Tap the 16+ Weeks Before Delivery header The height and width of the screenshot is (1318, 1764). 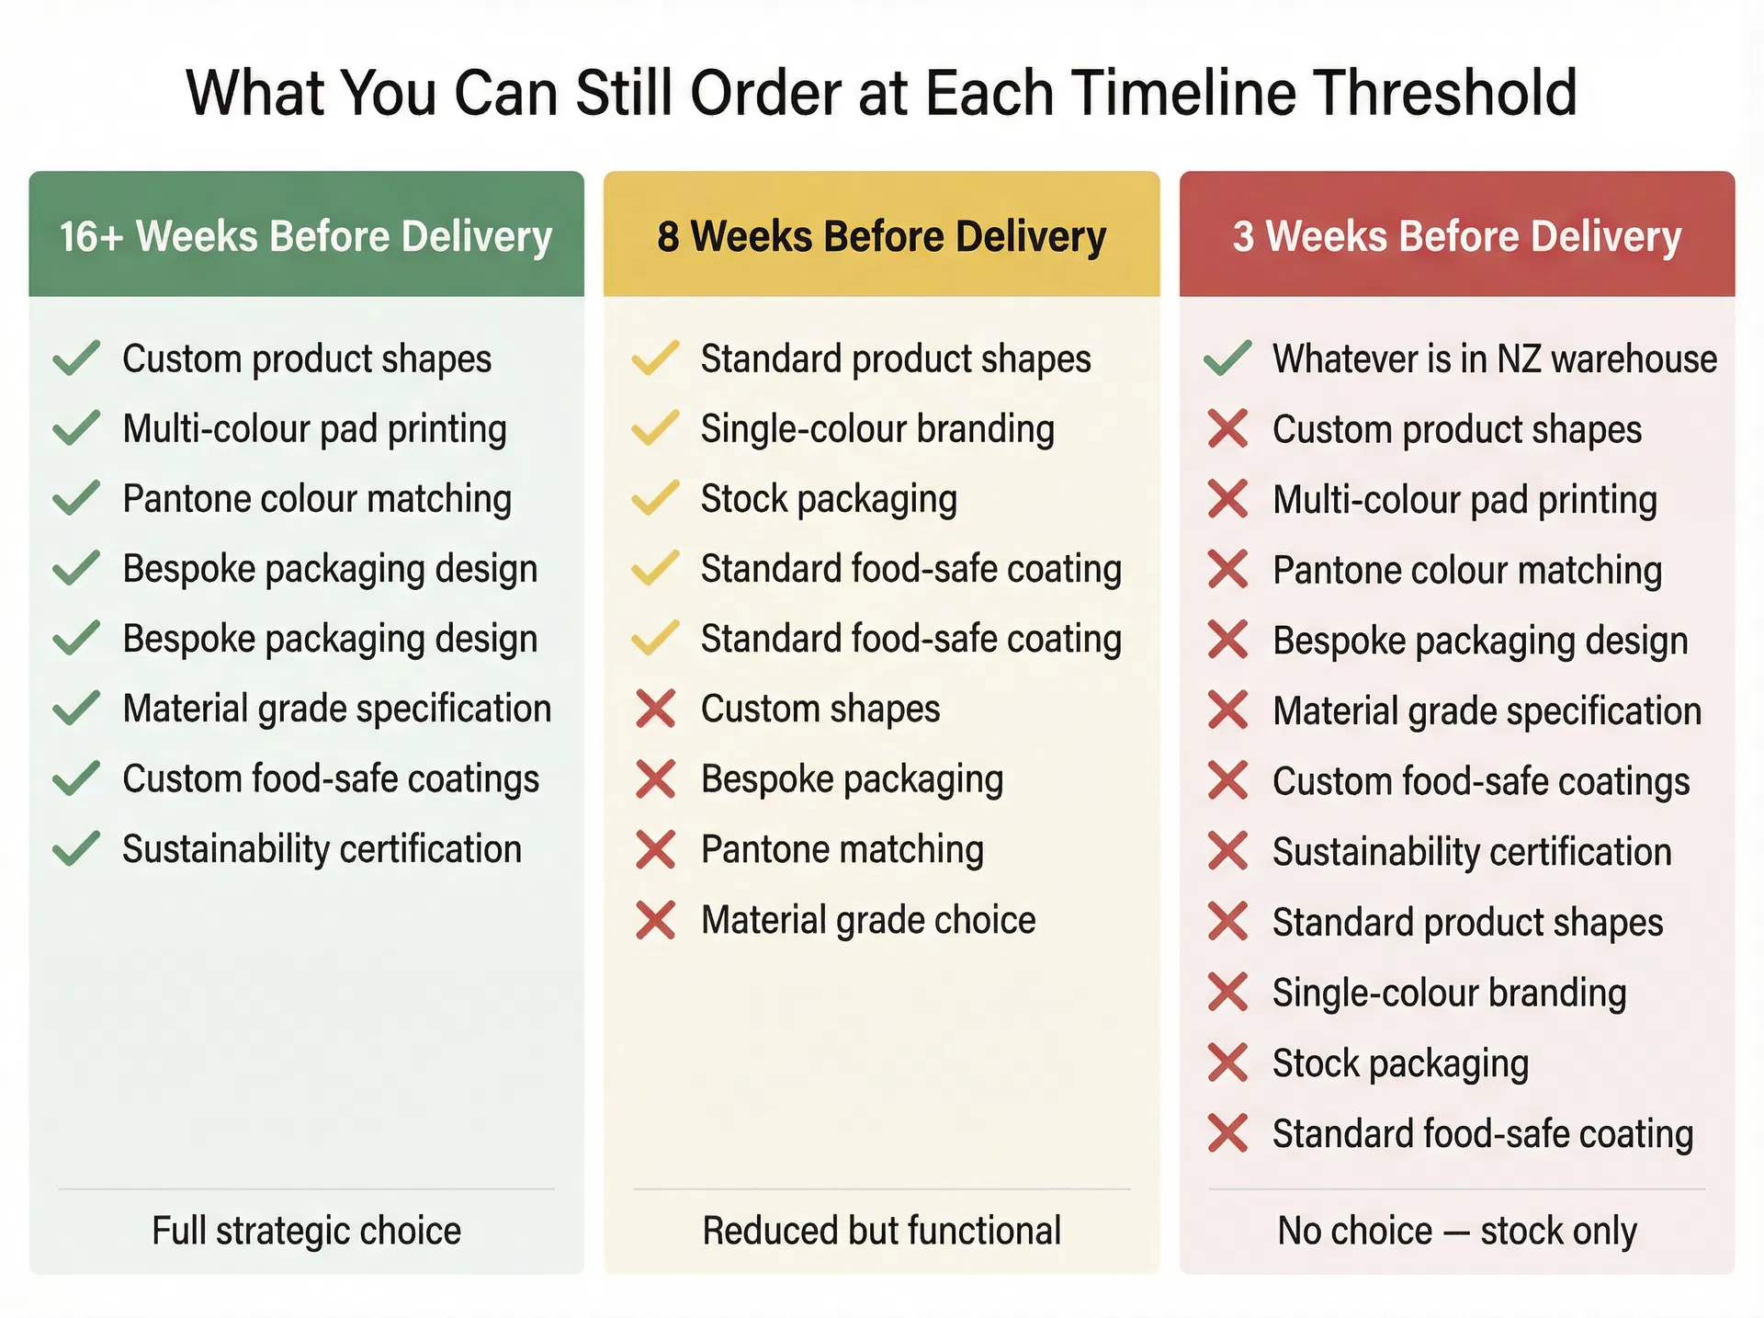click(306, 236)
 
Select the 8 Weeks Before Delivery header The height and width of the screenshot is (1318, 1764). click(881, 236)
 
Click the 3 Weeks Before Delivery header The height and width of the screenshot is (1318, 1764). click(1456, 236)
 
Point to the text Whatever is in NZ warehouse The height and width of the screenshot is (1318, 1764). click(1494, 358)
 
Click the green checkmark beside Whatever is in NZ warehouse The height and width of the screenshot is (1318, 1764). click(1227, 358)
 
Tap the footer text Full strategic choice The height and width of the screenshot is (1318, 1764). click(306, 1231)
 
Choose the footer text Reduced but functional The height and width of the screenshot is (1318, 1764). click(881, 1231)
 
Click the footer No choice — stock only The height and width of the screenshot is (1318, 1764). click(1456, 1231)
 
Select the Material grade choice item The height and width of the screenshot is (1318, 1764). click(868, 920)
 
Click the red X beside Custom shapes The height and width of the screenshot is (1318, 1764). click(656, 710)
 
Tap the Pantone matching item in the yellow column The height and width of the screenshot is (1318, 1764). click(842, 849)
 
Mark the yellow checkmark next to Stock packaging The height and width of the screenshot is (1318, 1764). click(656, 498)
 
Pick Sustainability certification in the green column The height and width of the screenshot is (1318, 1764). click(322, 849)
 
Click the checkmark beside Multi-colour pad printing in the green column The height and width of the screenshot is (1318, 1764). click(76, 428)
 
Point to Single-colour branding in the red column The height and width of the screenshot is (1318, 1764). click(1449, 993)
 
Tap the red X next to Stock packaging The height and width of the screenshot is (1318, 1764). click(1227, 1062)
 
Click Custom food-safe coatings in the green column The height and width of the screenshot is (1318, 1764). click(331, 779)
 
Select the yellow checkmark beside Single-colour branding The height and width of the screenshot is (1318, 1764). click(656, 428)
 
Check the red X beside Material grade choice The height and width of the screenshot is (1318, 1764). click(656, 920)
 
